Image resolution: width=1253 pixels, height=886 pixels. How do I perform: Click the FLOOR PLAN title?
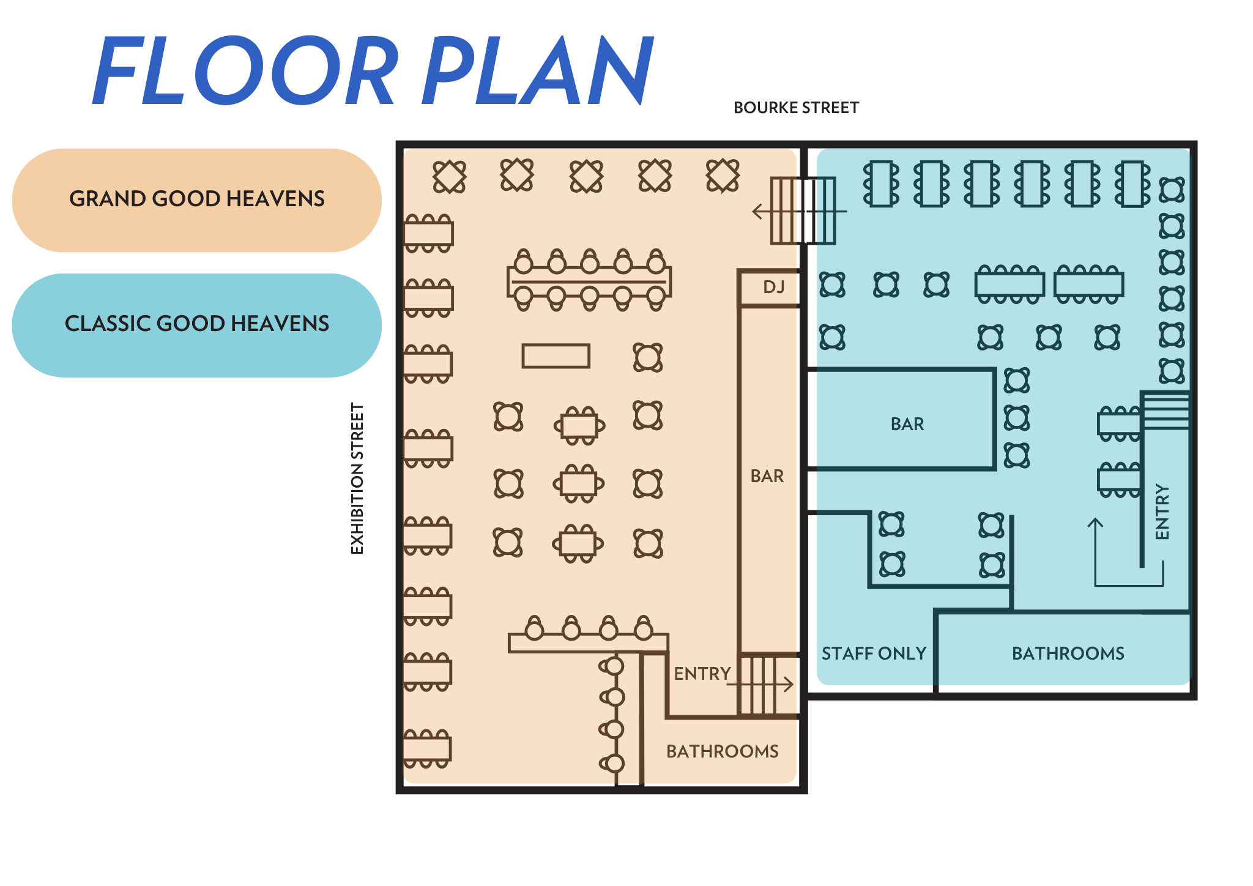click(x=373, y=70)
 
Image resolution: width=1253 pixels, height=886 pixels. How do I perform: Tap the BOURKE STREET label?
click(x=796, y=108)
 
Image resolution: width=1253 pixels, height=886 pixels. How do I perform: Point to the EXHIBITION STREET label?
click(x=357, y=478)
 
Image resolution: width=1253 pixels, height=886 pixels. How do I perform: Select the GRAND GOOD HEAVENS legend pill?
click(x=196, y=199)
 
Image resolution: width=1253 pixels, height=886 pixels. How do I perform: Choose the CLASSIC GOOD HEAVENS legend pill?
click(x=196, y=324)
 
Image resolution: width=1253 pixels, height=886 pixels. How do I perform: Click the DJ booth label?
click(x=773, y=287)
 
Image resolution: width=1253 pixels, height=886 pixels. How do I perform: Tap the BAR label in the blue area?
click(x=907, y=424)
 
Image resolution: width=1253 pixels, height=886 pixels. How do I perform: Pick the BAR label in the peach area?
click(x=767, y=476)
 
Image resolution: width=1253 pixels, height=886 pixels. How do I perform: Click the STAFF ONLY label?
click(x=874, y=653)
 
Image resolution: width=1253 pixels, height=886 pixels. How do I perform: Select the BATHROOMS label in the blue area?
click(x=1068, y=653)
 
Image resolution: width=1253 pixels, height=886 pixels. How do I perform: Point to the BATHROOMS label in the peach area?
click(x=722, y=751)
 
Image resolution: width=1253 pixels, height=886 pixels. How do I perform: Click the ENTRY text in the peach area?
click(x=702, y=674)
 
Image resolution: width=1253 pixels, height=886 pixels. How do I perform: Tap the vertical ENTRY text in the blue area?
click(x=1162, y=512)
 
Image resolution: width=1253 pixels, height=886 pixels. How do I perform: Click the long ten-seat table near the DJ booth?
click(x=589, y=281)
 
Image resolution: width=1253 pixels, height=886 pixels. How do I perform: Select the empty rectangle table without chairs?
click(x=556, y=356)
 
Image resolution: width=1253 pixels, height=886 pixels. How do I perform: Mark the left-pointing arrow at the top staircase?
click(x=759, y=212)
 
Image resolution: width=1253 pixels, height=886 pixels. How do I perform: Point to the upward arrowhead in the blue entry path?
click(x=1095, y=523)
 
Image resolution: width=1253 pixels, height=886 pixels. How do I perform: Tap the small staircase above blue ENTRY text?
click(x=1166, y=411)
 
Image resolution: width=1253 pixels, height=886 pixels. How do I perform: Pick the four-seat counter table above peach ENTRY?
click(x=587, y=642)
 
